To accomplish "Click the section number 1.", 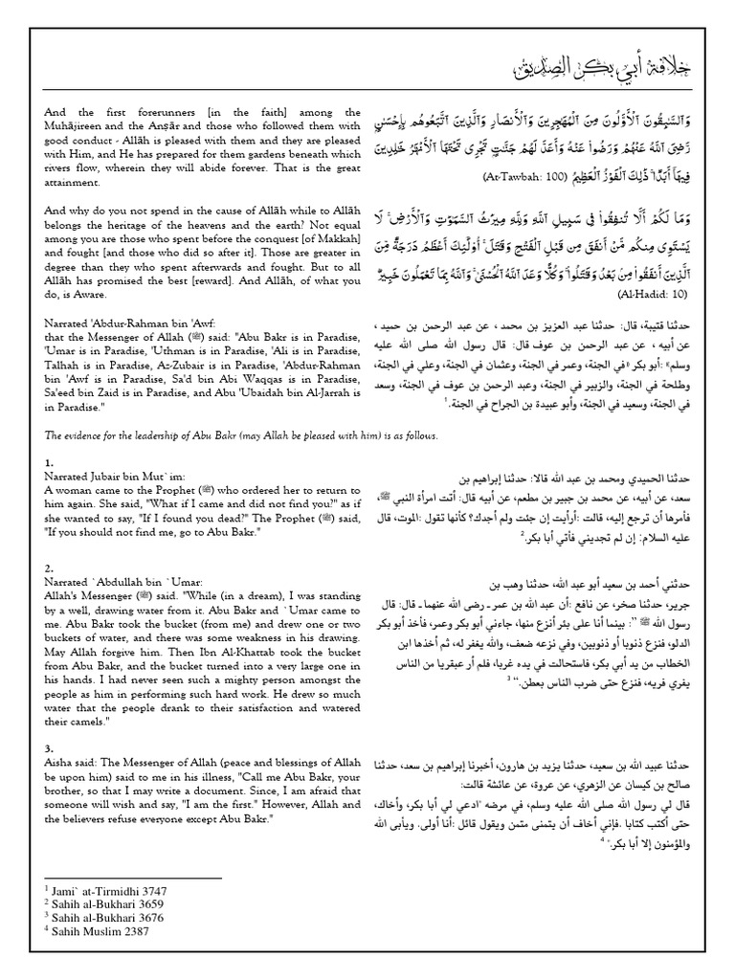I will [x=48, y=463].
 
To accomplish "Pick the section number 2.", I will [x=48, y=568].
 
